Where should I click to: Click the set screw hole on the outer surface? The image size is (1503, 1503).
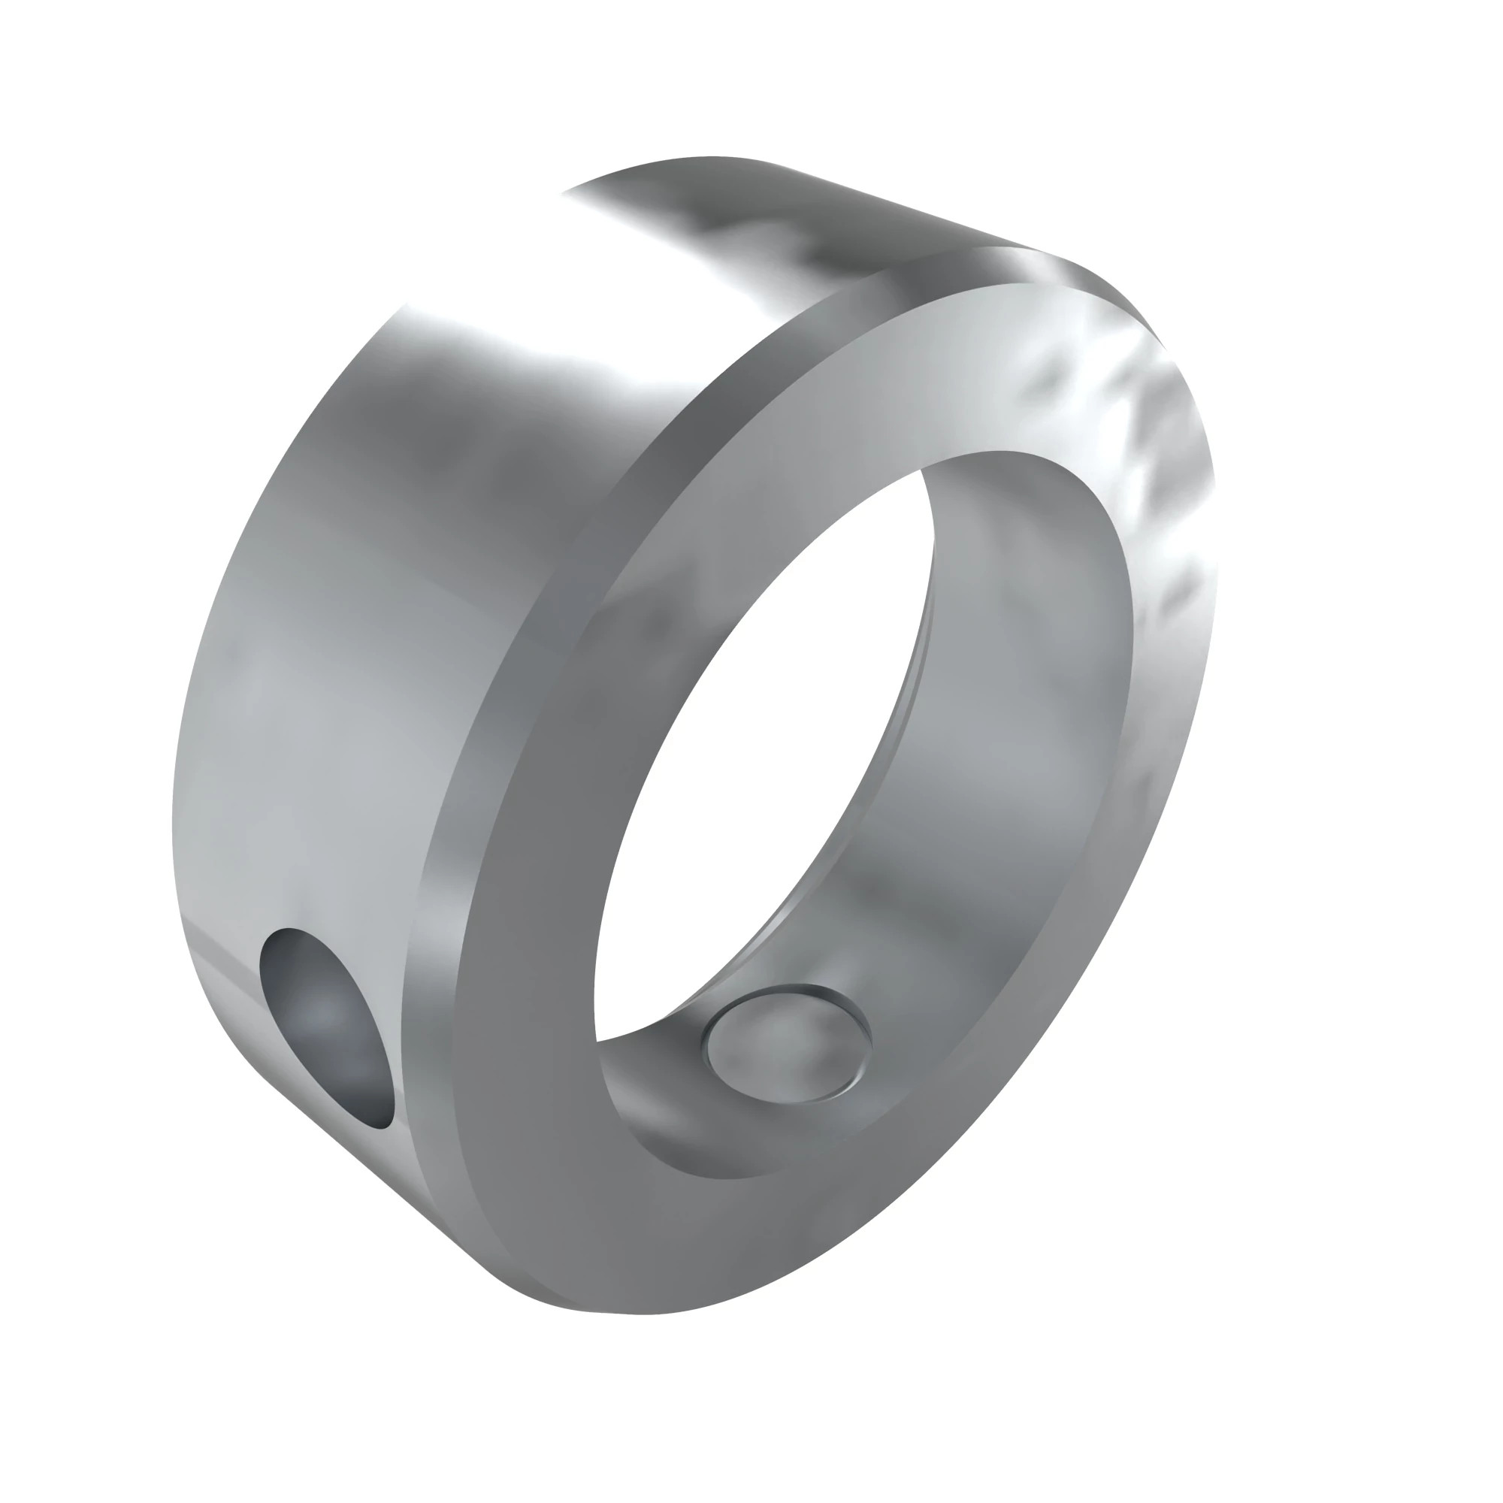coord(327,1027)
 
